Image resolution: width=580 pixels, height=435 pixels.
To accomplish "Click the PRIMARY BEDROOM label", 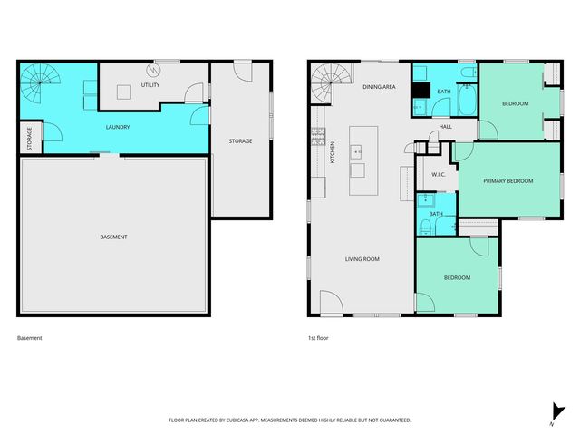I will coord(507,181).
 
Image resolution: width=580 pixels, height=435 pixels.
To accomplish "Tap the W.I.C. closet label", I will coord(437,174).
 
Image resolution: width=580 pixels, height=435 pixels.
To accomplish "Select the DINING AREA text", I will coord(379,87).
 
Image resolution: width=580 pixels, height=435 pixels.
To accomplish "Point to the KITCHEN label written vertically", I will coord(333,151).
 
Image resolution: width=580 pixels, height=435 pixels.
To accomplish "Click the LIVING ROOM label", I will coord(362,259).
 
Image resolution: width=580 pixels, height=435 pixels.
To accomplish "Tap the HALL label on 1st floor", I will coord(445,127).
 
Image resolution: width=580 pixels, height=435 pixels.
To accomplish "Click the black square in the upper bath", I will coord(420,90).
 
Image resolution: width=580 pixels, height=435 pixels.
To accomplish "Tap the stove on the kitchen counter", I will coord(318,137).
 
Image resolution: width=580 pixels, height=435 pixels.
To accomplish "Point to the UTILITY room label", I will coord(150,85).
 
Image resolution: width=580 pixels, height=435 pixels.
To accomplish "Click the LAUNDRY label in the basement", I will coord(118,127).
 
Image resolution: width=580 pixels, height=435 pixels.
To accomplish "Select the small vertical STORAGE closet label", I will coord(29,139).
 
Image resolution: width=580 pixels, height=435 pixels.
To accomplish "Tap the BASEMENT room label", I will coord(113,237).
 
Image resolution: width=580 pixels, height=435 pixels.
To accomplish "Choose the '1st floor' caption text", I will coord(317,338).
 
